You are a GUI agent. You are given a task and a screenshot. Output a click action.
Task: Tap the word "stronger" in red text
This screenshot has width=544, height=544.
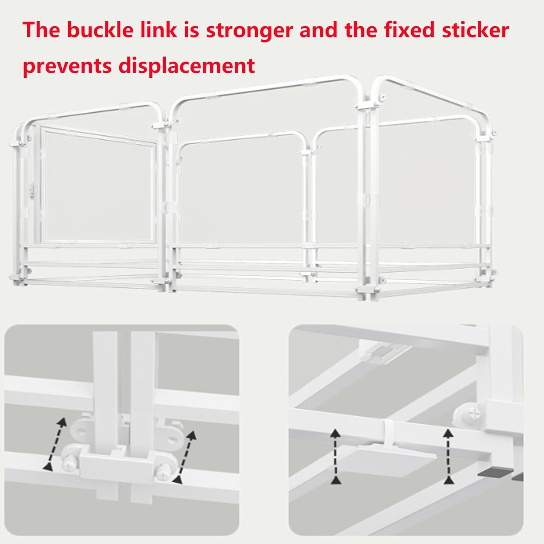click(x=249, y=30)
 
